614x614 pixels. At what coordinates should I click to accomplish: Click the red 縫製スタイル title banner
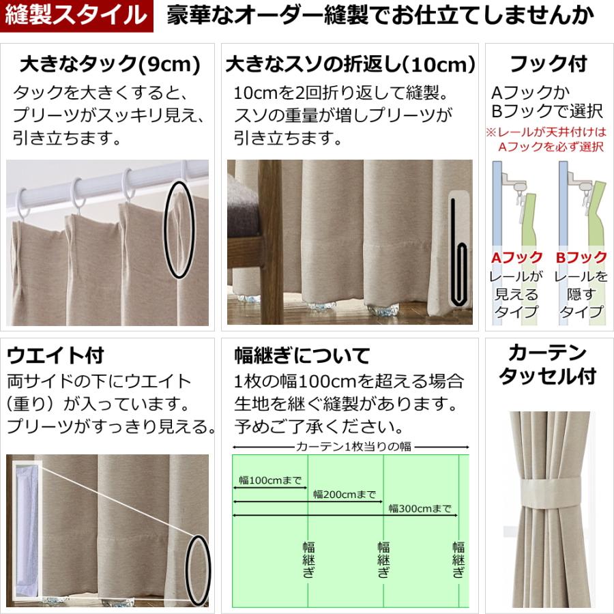tap(76, 15)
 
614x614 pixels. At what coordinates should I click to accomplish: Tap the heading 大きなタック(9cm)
tap(110, 65)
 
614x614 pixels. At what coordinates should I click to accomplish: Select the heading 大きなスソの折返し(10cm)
tap(350, 65)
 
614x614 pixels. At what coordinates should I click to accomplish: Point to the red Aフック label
tap(517, 258)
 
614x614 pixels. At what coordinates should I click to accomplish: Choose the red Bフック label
tap(581, 258)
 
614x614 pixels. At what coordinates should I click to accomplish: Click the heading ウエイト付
tap(55, 355)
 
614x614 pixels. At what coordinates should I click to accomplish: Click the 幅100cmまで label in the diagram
tap(270, 480)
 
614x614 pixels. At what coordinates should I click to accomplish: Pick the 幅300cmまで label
tap(420, 508)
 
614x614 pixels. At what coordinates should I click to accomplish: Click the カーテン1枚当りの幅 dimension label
tap(353, 447)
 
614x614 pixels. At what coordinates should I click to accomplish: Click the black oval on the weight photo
tap(198, 570)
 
